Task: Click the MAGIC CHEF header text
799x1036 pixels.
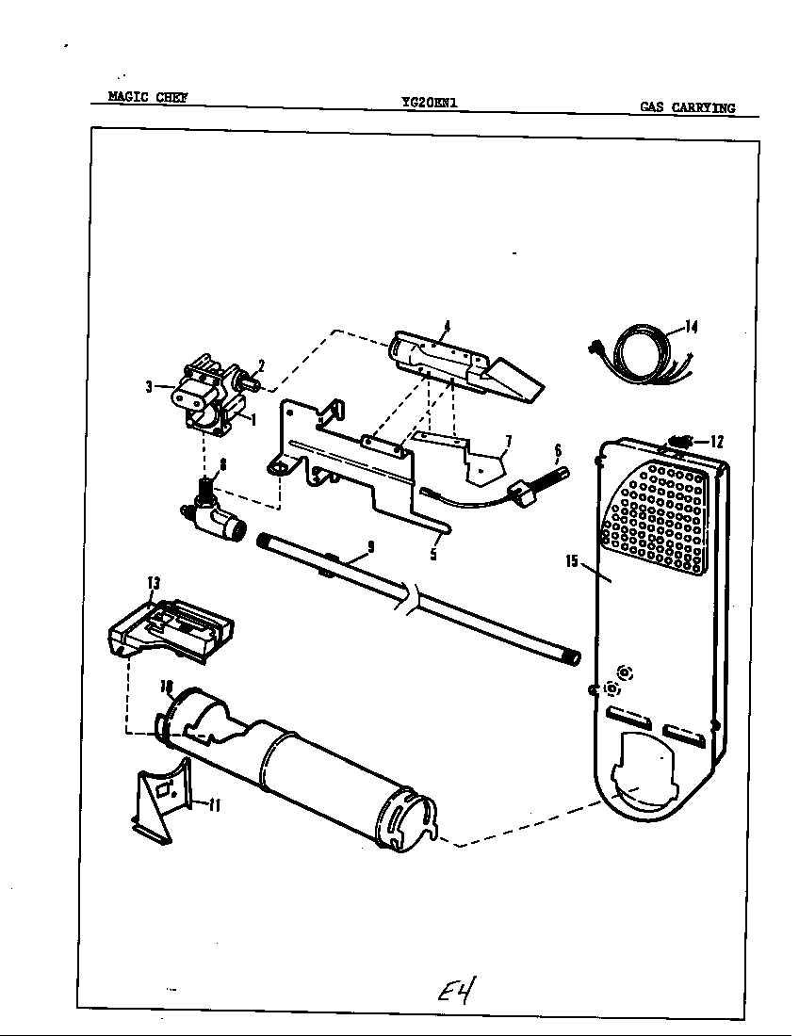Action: point(147,96)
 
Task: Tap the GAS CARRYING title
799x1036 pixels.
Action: point(687,107)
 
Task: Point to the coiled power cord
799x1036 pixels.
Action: point(637,359)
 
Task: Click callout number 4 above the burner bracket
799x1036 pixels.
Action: point(448,326)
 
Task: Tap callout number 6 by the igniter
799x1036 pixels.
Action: point(557,450)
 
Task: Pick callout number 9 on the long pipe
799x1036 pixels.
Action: point(370,545)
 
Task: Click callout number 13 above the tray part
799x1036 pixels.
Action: point(153,584)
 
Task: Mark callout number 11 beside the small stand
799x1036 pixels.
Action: point(214,805)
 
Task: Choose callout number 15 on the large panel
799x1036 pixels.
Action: point(571,561)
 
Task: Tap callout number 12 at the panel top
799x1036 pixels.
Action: point(717,440)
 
